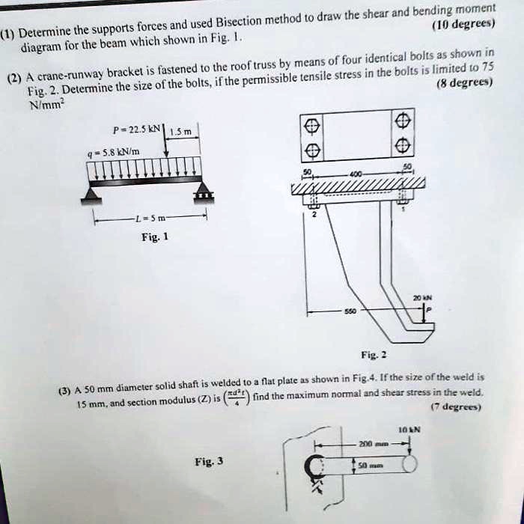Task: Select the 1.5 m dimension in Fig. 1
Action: click(x=183, y=132)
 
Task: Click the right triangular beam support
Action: click(x=203, y=196)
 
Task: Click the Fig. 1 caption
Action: click(x=155, y=238)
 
